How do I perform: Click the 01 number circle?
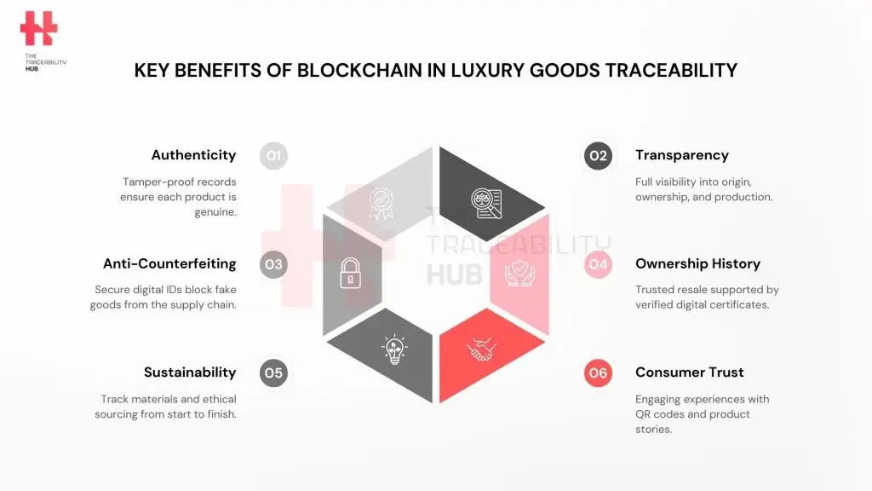pyautogui.click(x=273, y=156)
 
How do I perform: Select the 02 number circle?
pyautogui.click(x=598, y=156)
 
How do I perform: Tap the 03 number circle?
pyautogui.click(x=273, y=264)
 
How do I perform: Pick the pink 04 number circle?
pyautogui.click(x=598, y=264)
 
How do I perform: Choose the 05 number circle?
pyautogui.click(x=273, y=373)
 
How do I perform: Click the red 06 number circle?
pyautogui.click(x=598, y=373)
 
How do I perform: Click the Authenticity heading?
pyautogui.click(x=193, y=155)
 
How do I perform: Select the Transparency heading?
pyautogui.click(x=682, y=155)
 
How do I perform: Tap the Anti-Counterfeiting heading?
pyautogui.click(x=169, y=263)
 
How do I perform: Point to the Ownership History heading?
pyautogui.click(x=697, y=263)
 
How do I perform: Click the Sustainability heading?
pyautogui.click(x=190, y=373)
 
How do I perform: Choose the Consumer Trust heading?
pyautogui.click(x=690, y=373)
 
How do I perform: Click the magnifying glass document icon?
pyautogui.click(x=486, y=203)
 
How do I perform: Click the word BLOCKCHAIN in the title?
pyautogui.click(x=346, y=71)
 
